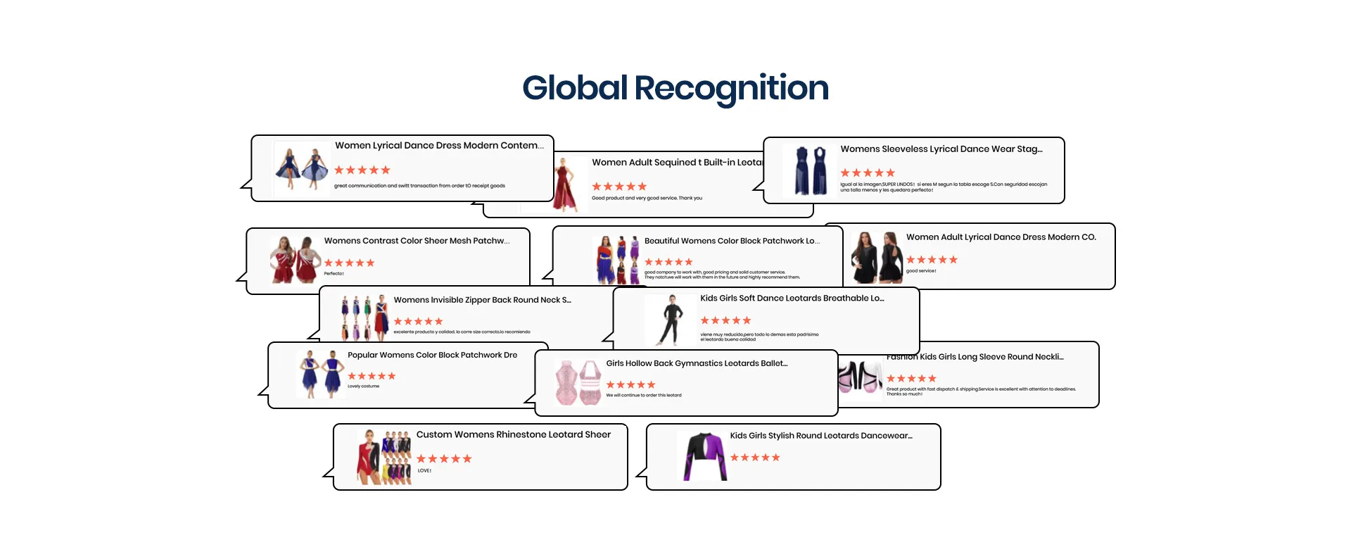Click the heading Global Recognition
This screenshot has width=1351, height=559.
click(675, 88)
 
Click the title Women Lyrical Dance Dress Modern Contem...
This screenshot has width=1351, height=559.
click(439, 146)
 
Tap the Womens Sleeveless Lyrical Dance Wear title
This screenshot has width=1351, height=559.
click(941, 149)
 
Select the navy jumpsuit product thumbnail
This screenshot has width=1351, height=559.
click(809, 170)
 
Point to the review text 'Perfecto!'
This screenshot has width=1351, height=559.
click(334, 274)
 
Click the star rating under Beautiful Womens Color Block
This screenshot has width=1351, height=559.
click(668, 262)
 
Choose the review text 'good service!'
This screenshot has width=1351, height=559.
click(920, 271)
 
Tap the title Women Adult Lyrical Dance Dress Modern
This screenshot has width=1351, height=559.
click(1001, 237)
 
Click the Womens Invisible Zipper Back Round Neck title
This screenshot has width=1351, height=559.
click(482, 300)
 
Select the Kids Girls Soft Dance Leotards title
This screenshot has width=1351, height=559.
click(792, 299)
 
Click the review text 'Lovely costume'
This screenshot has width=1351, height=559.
click(363, 387)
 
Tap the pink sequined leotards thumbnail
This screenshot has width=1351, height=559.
click(578, 382)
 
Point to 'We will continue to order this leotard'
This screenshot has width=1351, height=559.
click(643, 396)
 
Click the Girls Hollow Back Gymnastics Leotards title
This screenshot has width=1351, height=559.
click(697, 364)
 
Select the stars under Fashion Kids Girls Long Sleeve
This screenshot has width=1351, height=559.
click(911, 379)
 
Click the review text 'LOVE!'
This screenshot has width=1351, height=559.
click(424, 471)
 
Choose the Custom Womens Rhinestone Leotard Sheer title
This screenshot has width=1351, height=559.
click(513, 435)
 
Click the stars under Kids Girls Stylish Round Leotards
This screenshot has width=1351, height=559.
click(755, 458)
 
